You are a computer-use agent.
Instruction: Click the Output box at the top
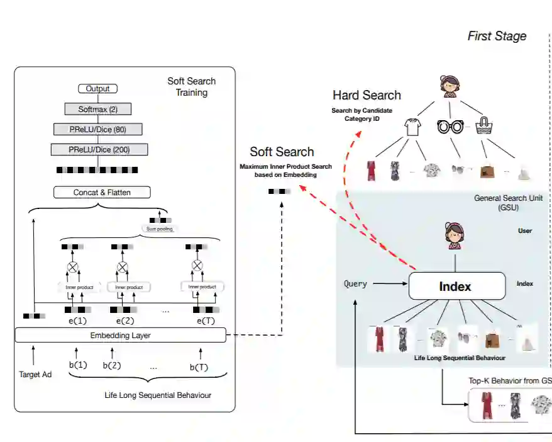97,89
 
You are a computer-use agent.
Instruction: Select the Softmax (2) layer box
97,109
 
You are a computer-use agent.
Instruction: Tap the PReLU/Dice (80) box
97,129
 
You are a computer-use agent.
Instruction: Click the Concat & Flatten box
102,192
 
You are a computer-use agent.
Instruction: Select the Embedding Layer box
120,336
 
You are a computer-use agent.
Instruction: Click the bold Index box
456,286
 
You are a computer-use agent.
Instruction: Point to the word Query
355,284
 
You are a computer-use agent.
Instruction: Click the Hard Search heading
367,96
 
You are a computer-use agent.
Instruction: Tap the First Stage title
497,36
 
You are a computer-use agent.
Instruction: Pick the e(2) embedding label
125,320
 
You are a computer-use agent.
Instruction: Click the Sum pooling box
160,229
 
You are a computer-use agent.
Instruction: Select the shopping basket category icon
483,125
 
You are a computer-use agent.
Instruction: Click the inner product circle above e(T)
197,265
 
